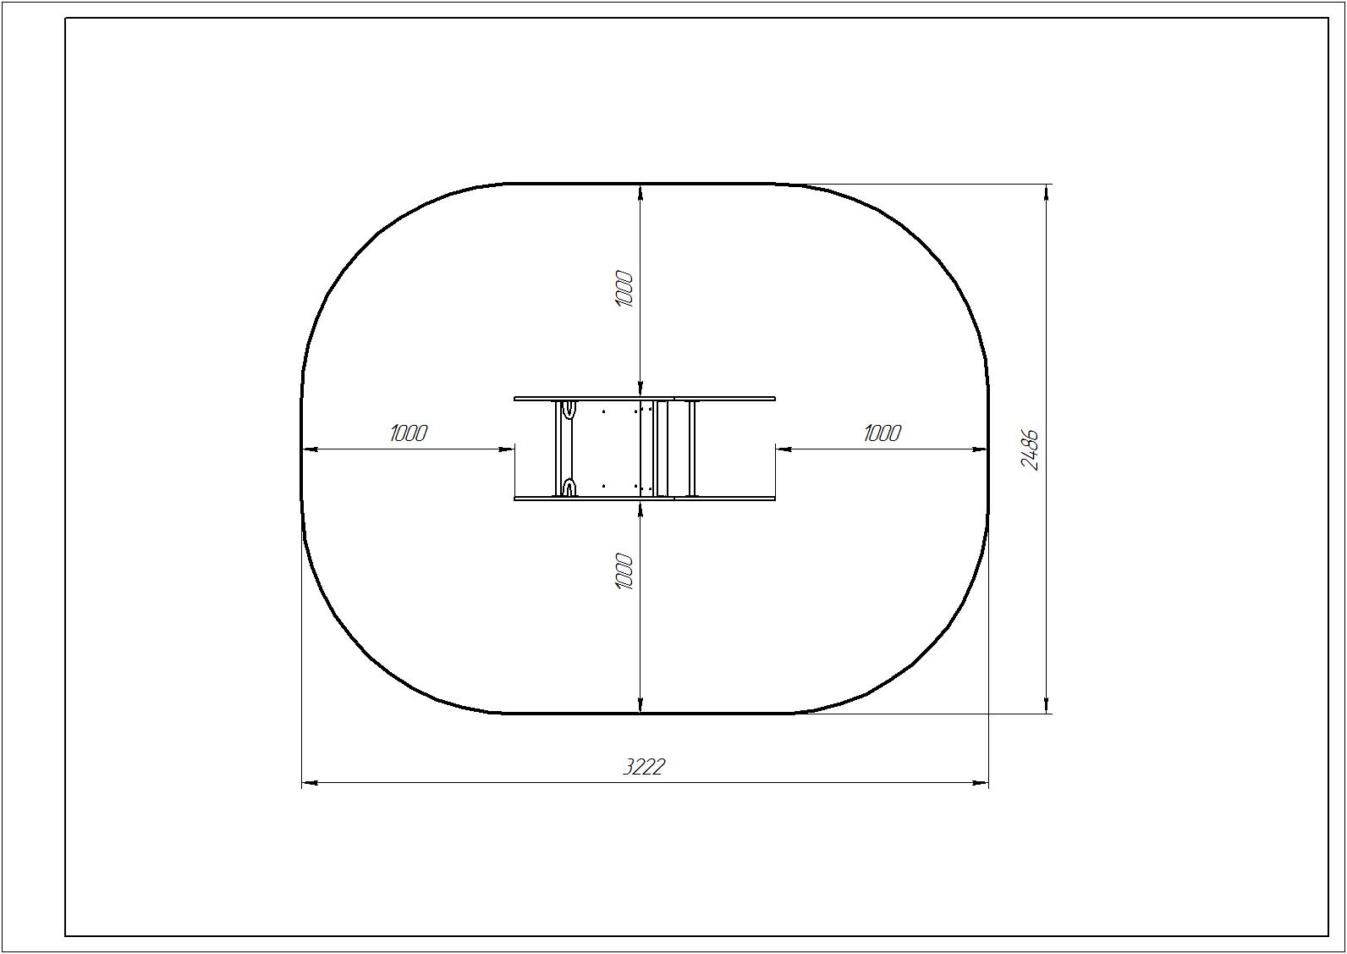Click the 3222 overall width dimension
click(643, 767)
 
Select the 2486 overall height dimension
click(1030, 449)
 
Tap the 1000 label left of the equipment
click(409, 433)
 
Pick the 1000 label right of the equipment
click(882, 433)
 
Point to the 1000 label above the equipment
click(624, 290)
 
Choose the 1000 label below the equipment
click(624, 571)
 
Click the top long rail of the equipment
click(645, 398)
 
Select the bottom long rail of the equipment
click(645, 498)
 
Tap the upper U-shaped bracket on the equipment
click(567, 409)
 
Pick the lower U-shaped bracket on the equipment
click(567, 488)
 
